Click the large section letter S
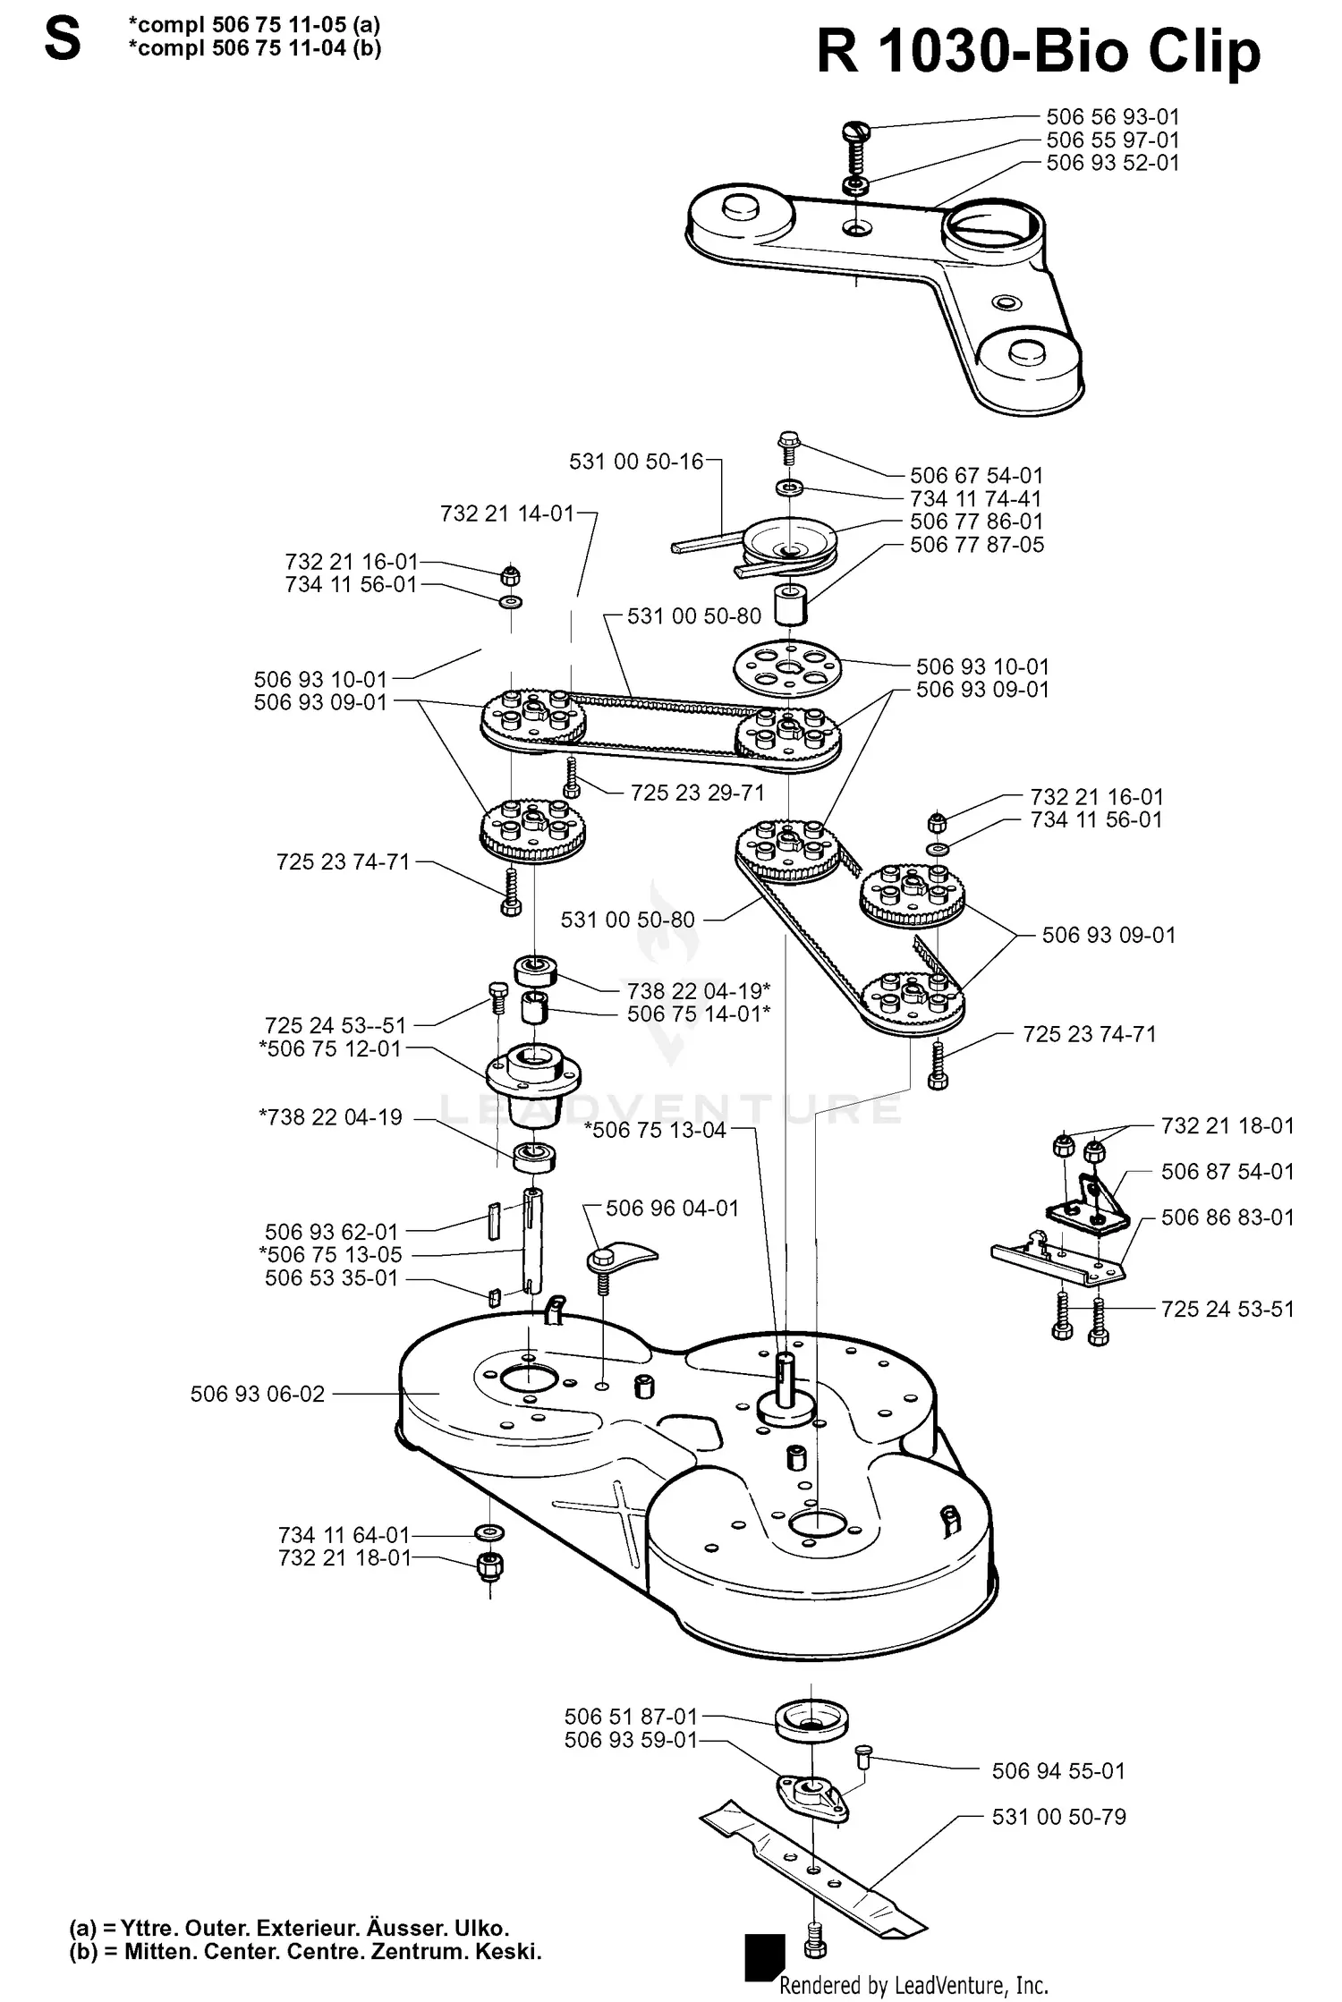62,39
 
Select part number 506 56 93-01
1112,117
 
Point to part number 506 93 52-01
1112,163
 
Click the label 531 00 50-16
636,462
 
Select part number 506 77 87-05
976,545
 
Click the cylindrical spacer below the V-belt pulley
791,606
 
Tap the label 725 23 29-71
697,793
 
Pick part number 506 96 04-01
672,1209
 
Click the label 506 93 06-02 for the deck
258,1394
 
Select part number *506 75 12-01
330,1048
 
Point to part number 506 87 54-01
1227,1171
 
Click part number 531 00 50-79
1058,1817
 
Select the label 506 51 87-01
630,1717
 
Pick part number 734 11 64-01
344,1535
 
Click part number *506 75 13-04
655,1130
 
